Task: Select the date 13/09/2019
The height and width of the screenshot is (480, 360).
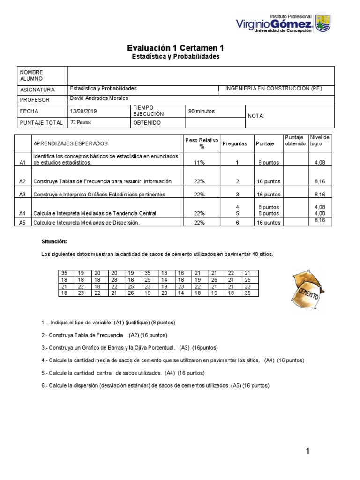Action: (82, 112)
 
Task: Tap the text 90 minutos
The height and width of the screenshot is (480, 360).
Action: (202, 112)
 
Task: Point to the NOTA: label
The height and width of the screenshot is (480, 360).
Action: (256, 116)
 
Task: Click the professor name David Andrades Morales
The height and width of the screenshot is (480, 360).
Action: (98, 98)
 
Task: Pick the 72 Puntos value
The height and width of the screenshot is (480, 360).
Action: (80, 122)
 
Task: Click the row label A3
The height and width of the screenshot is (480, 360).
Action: (22, 194)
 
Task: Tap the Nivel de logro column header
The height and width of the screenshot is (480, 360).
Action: (320, 141)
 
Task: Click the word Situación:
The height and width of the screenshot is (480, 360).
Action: (54, 241)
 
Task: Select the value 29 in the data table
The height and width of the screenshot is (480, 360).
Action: (147, 280)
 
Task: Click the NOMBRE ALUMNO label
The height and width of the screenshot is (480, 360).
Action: (31, 75)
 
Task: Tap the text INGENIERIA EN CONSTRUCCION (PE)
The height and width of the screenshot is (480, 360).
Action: (273, 89)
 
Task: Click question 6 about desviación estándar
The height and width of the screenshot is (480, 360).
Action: (156, 385)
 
